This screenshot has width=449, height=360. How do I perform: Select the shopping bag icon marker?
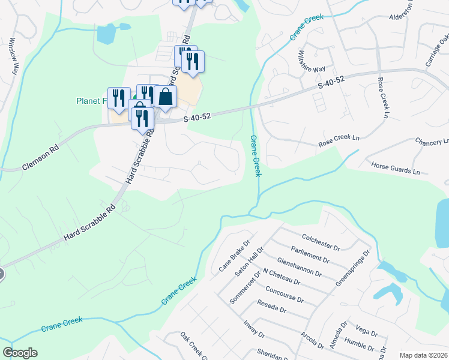(x=165, y=97)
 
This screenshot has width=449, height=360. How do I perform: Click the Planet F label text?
(x=91, y=101)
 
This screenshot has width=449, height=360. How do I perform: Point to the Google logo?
(x=20, y=353)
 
